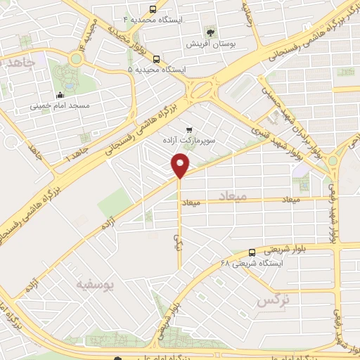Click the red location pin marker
pos(181,166)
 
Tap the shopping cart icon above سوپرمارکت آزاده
pos(188,129)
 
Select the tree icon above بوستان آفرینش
pos(210,32)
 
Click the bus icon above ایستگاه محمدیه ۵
pos(156,60)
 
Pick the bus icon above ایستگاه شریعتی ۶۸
pos(252,252)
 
